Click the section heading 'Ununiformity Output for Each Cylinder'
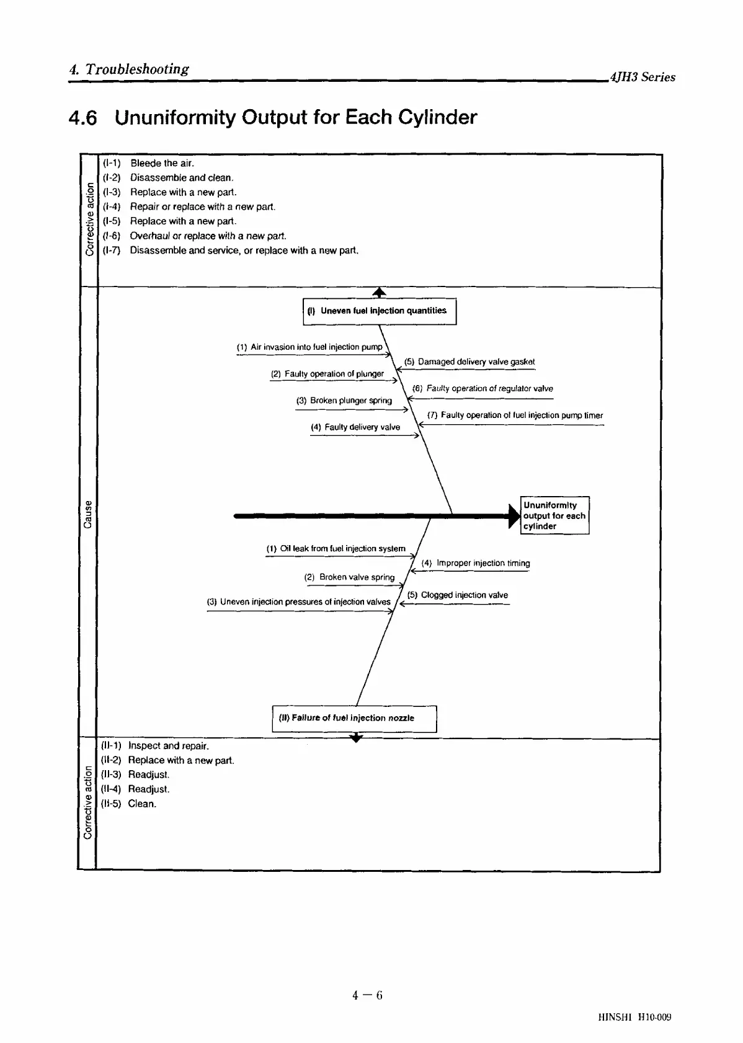(x=273, y=118)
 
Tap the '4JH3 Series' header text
(x=643, y=78)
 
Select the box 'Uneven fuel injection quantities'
(x=379, y=311)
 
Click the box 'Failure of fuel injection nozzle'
(x=354, y=718)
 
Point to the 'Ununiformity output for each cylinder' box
(x=554, y=515)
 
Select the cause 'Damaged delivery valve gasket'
(x=469, y=362)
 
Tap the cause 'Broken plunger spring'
(x=344, y=401)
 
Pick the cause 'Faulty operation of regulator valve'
(x=483, y=389)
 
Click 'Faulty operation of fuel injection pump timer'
(x=515, y=415)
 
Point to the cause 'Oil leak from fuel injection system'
(x=336, y=549)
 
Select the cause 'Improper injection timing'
(x=476, y=563)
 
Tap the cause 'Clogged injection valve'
(x=458, y=595)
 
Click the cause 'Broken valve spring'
(x=350, y=577)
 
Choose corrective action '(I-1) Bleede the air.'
(x=149, y=163)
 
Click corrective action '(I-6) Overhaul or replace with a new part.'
(x=195, y=236)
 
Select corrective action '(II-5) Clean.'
(x=129, y=804)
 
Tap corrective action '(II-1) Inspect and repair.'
(x=155, y=745)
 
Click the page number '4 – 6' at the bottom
(x=367, y=995)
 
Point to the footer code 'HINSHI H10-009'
(x=634, y=1018)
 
